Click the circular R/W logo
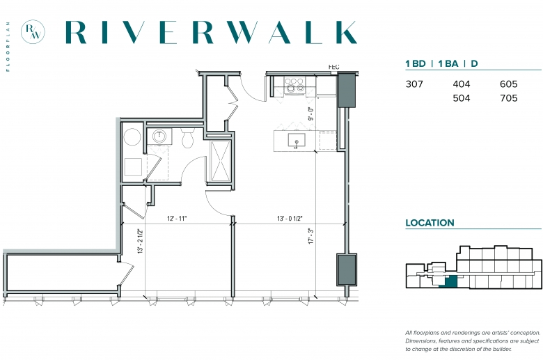(x=33, y=32)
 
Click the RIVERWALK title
(x=211, y=32)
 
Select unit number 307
(x=414, y=84)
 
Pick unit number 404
(x=462, y=84)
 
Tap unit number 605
(x=508, y=84)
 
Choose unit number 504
(x=462, y=98)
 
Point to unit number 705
(x=508, y=98)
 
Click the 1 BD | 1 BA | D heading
(x=441, y=64)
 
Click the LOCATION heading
(x=430, y=223)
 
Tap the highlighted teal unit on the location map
(x=450, y=283)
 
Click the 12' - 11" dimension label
(x=177, y=219)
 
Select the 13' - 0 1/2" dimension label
(x=290, y=219)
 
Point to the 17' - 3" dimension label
(x=311, y=236)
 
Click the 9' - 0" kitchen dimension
(x=311, y=114)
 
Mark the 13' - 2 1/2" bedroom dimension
(x=140, y=241)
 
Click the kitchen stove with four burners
(x=294, y=85)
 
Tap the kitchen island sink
(x=297, y=140)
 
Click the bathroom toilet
(x=188, y=138)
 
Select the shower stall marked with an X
(x=221, y=160)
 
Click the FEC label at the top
(x=334, y=67)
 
